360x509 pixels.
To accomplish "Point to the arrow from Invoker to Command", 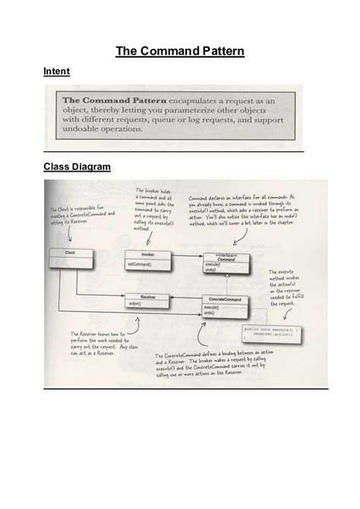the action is tap(187, 258).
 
